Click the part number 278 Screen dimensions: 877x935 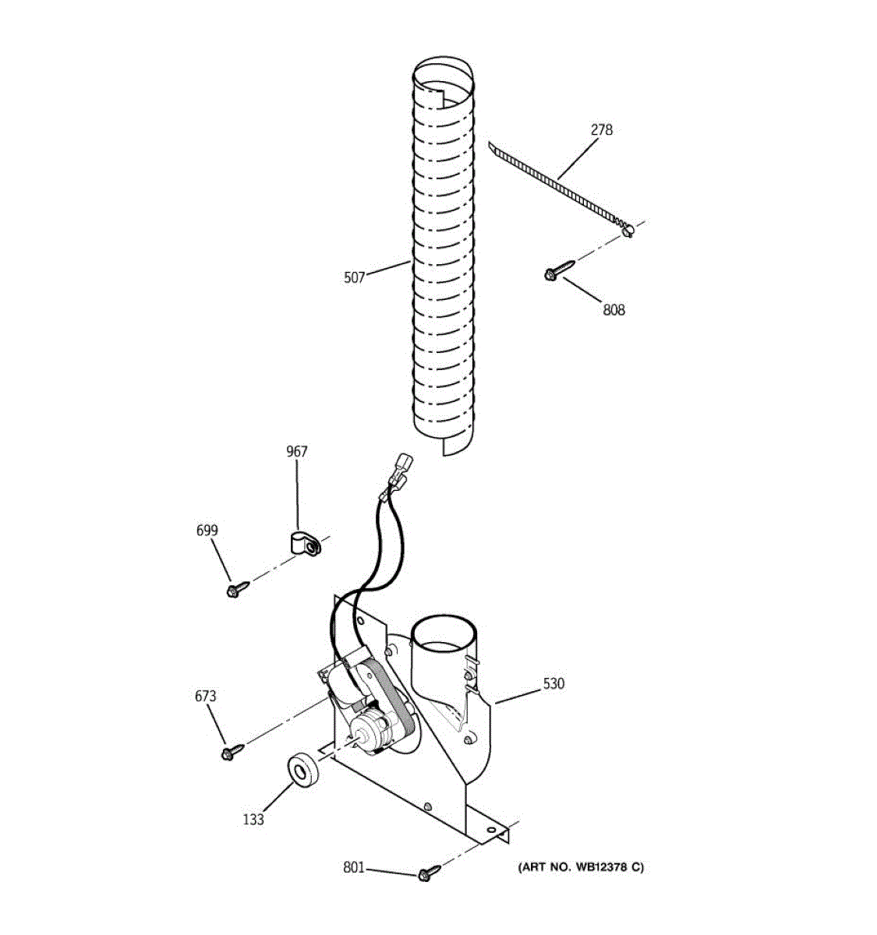[x=601, y=130]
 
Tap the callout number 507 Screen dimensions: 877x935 [x=354, y=277]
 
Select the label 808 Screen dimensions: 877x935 [x=614, y=310]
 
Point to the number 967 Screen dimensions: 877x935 [x=296, y=452]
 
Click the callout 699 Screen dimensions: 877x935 [x=207, y=531]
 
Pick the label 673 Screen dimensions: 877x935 [x=206, y=696]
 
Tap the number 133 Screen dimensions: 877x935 [x=253, y=819]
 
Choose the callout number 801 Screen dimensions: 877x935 [x=353, y=867]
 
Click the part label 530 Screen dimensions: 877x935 [x=553, y=684]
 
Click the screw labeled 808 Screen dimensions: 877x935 [x=558, y=270]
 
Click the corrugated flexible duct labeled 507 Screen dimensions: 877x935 [x=442, y=257]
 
